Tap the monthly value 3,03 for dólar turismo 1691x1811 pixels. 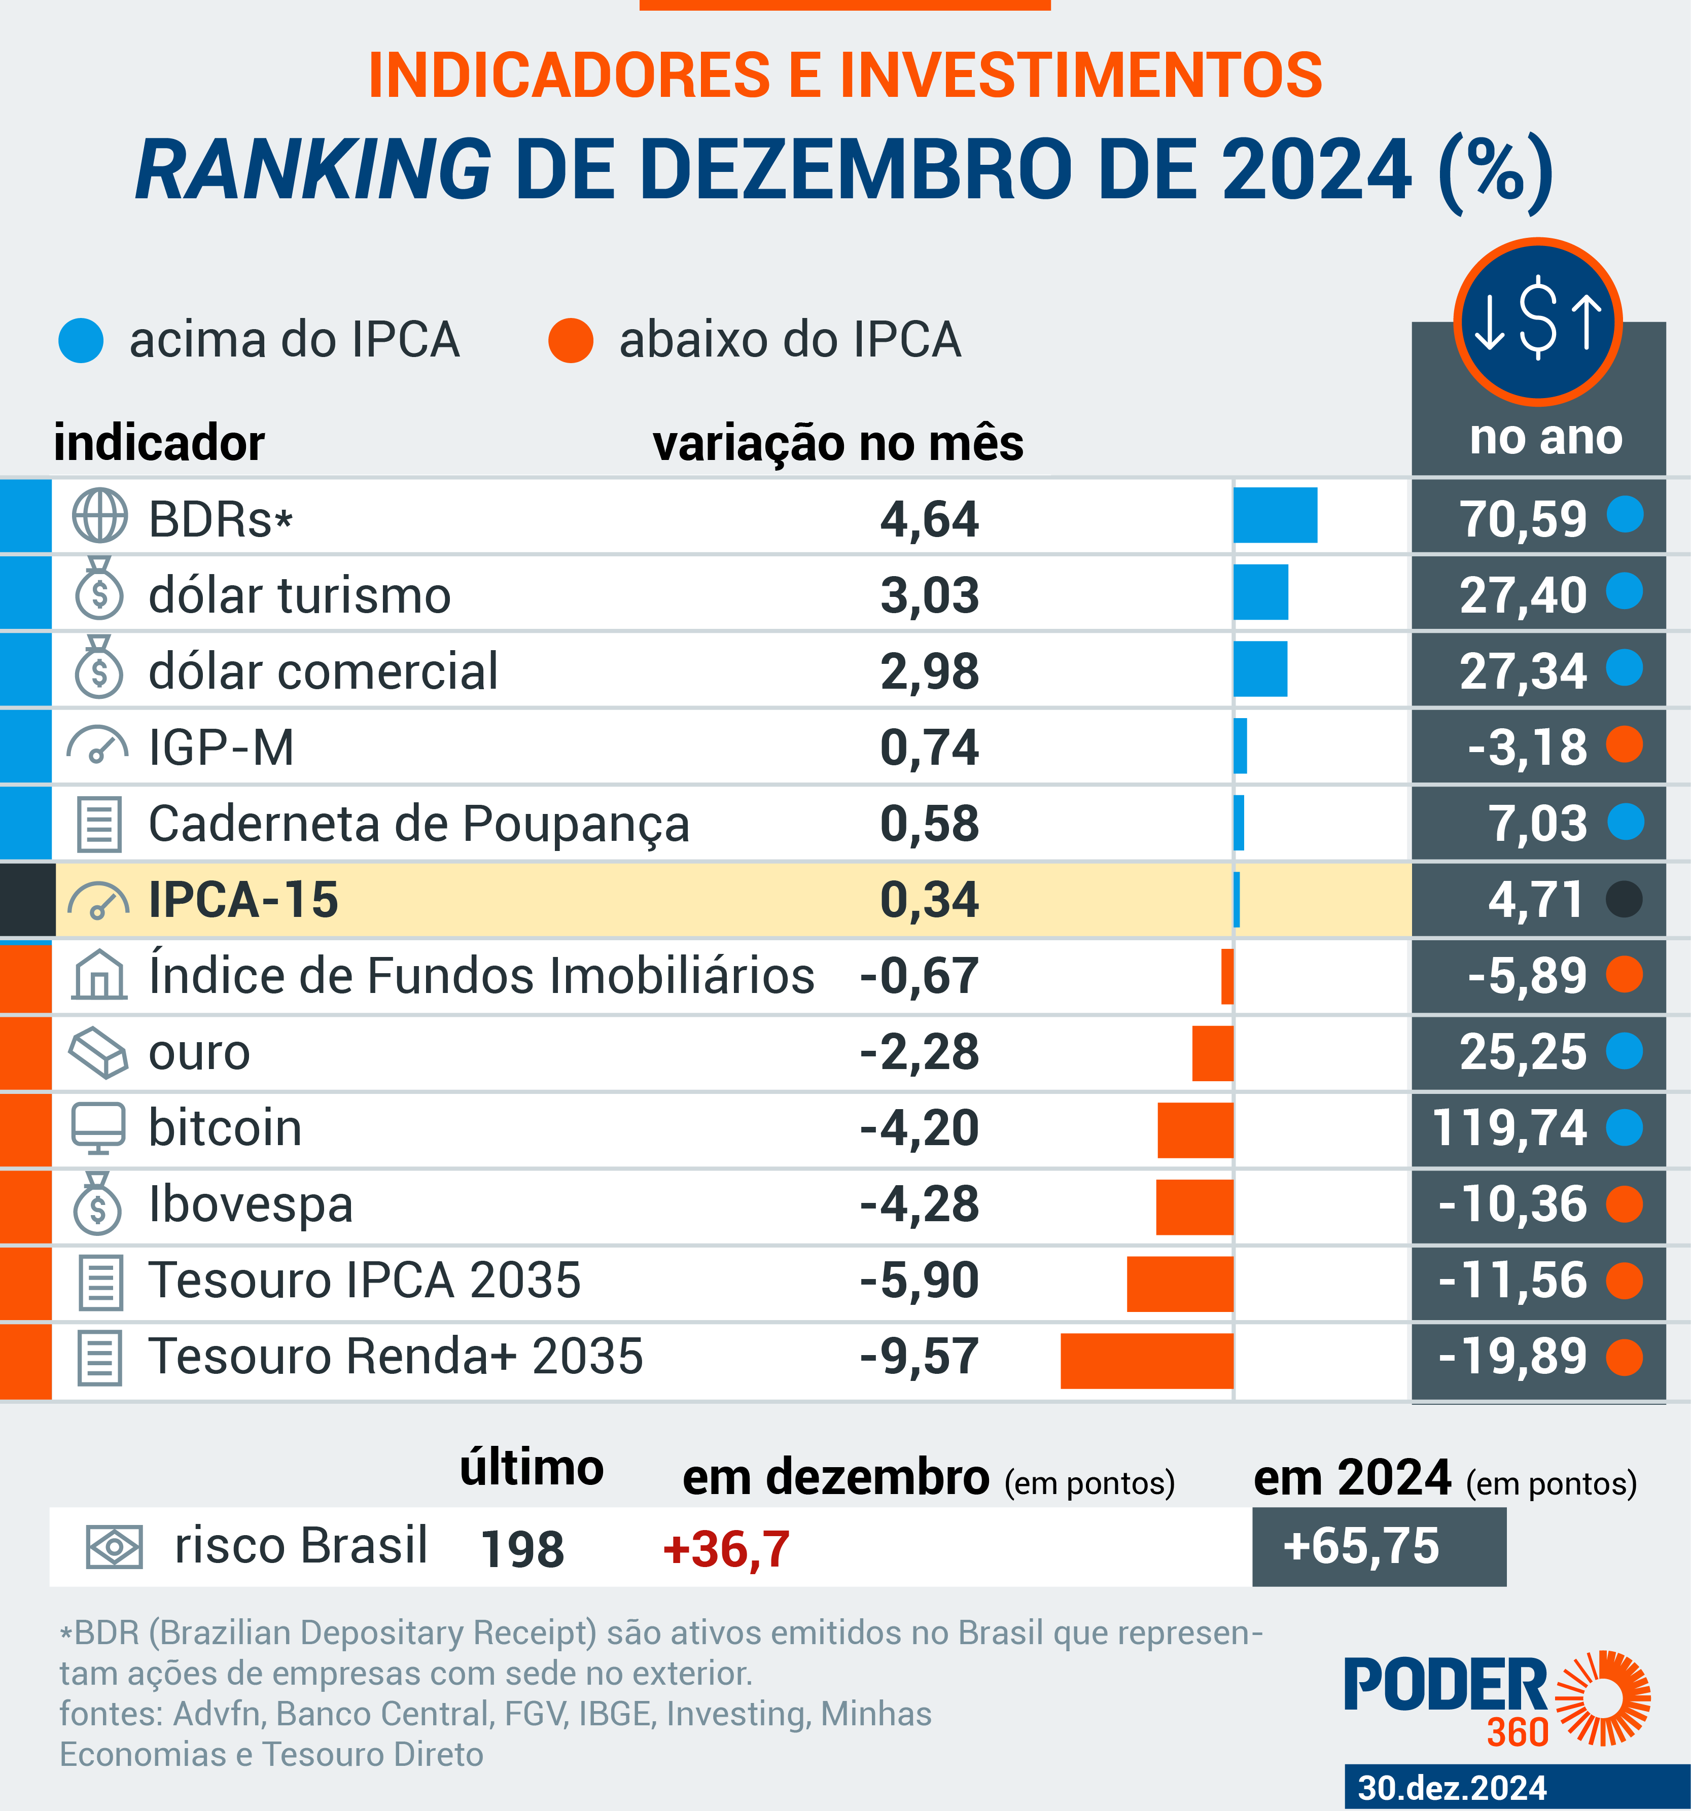[929, 596]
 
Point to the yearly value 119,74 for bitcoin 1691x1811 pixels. [1509, 1128]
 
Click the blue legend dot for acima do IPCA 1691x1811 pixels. [81, 341]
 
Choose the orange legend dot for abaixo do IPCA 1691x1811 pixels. [571, 341]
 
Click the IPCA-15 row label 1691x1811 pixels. [243, 900]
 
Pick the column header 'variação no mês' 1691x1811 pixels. [838, 444]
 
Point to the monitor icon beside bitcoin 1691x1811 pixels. [98, 1128]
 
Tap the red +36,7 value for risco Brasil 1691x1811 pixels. [726, 1549]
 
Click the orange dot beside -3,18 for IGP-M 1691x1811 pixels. [1625, 745]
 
